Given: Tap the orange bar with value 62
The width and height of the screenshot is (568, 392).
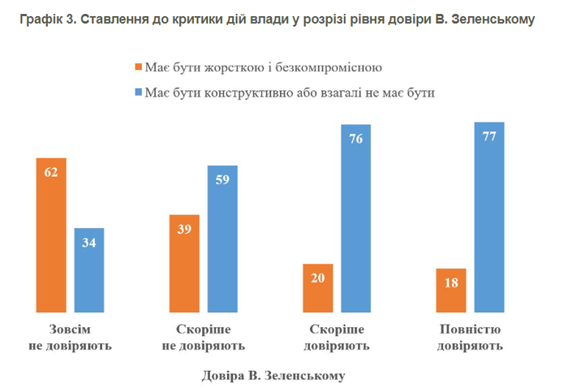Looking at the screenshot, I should pos(51,235).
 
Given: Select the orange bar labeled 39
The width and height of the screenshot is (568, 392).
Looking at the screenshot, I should pos(184,264).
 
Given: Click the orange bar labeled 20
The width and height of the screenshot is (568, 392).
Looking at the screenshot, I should pos(318,288).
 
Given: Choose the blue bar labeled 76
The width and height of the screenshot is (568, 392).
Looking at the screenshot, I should pos(356,218).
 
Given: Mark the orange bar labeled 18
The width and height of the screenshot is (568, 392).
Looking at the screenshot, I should pos(451,291).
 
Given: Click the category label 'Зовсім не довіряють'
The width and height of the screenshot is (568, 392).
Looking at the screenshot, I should pos(71,338).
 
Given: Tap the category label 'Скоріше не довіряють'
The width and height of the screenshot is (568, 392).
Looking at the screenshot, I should pos(204,338).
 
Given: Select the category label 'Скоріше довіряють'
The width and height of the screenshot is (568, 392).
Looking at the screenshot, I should pos(337,338).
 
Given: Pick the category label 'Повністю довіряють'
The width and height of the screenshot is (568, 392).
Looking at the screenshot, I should pos(471,338).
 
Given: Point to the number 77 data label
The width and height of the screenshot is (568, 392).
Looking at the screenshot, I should pos(489,136).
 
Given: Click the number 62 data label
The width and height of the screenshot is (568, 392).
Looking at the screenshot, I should pos(51,172).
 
